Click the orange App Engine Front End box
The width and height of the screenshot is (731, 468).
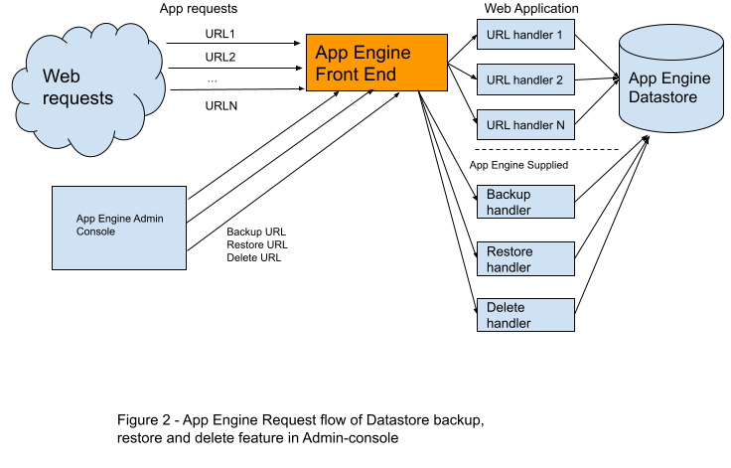click(x=376, y=63)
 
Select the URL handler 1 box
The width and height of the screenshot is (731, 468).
click(x=525, y=34)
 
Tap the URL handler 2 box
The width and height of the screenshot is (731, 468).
click(x=525, y=79)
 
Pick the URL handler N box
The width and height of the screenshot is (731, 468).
click(x=525, y=124)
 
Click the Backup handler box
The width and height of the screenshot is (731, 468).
click(x=525, y=202)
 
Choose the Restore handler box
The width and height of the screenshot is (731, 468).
click(x=525, y=259)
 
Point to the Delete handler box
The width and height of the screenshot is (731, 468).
click(x=525, y=315)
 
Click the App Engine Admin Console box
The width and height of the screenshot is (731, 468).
click(x=119, y=228)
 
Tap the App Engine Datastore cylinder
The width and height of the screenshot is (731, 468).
click(x=670, y=78)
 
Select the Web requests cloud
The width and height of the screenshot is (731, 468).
click(x=88, y=88)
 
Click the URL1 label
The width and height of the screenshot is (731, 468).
click(x=220, y=34)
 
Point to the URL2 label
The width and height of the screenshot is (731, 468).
click(x=220, y=57)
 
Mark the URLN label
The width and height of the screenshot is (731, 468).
click(x=220, y=106)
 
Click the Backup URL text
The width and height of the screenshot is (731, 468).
click(x=256, y=232)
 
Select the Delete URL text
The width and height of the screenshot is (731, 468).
click(x=253, y=257)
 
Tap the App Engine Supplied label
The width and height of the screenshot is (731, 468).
click(x=518, y=165)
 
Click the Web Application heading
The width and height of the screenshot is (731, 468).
click(x=531, y=8)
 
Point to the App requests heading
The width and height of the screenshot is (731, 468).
click(x=198, y=8)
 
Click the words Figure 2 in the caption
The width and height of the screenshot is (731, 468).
click(x=144, y=420)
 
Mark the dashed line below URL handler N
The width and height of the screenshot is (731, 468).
click(x=546, y=150)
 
